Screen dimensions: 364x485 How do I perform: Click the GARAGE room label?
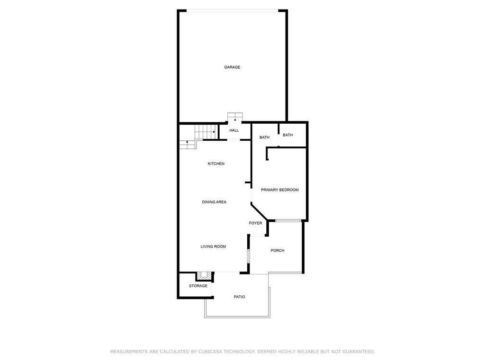(x=232, y=67)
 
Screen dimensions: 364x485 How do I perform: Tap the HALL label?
(x=234, y=130)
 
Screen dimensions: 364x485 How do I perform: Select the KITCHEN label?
(x=216, y=164)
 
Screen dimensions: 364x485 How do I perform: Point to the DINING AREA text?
(x=214, y=202)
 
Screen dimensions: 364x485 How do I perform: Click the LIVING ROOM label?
(x=213, y=246)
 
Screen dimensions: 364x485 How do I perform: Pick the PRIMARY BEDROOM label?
(x=280, y=190)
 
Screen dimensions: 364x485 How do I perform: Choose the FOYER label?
(x=256, y=223)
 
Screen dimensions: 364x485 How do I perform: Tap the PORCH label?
(x=278, y=251)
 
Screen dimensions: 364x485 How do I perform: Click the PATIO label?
(x=240, y=297)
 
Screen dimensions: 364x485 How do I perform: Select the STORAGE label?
(x=198, y=286)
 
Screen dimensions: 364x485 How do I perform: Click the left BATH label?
(x=264, y=137)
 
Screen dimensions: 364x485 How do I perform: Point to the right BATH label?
(x=287, y=135)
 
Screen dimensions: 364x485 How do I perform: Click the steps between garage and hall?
(x=235, y=117)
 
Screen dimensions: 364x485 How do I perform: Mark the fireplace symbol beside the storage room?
(x=205, y=275)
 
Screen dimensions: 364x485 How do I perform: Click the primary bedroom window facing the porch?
(x=288, y=220)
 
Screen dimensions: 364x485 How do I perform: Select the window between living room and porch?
(x=248, y=256)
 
